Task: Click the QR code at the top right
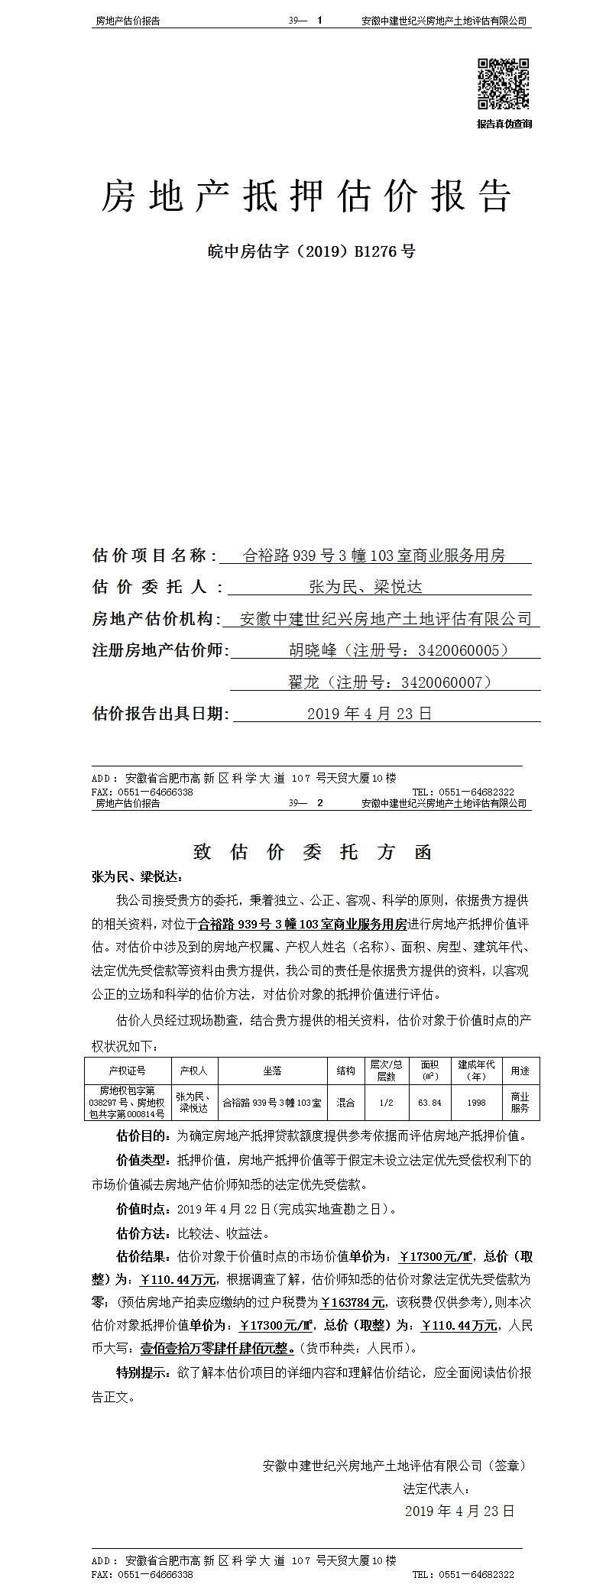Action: [x=504, y=84]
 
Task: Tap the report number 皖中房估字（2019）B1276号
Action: [x=311, y=251]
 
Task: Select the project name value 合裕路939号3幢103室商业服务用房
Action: [x=374, y=556]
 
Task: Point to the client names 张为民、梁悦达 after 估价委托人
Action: [x=365, y=587]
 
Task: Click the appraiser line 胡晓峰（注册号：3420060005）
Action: [x=398, y=650]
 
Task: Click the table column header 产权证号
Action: [x=127, y=1071]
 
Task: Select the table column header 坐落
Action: [x=272, y=1071]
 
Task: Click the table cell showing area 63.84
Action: [x=429, y=1103]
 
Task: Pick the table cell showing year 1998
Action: [x=476, y=1103]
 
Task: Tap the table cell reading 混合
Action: [x=345, y=1103]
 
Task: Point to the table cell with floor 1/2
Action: [x=386, y=1103]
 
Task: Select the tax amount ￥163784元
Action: [x=352, y=1303]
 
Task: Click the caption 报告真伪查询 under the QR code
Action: [x=504, y=124]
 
